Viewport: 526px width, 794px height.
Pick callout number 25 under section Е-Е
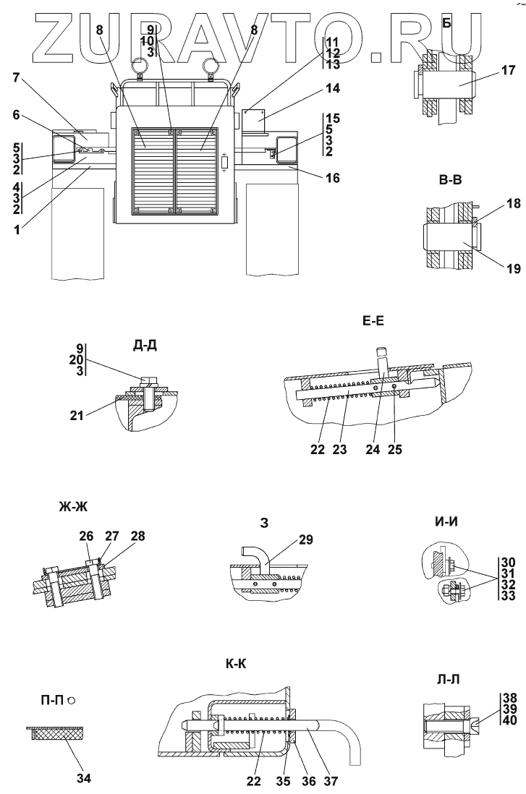[394, 449]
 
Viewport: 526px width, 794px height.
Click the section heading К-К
[237, 664]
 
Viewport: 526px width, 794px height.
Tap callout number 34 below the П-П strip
[84, 759]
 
